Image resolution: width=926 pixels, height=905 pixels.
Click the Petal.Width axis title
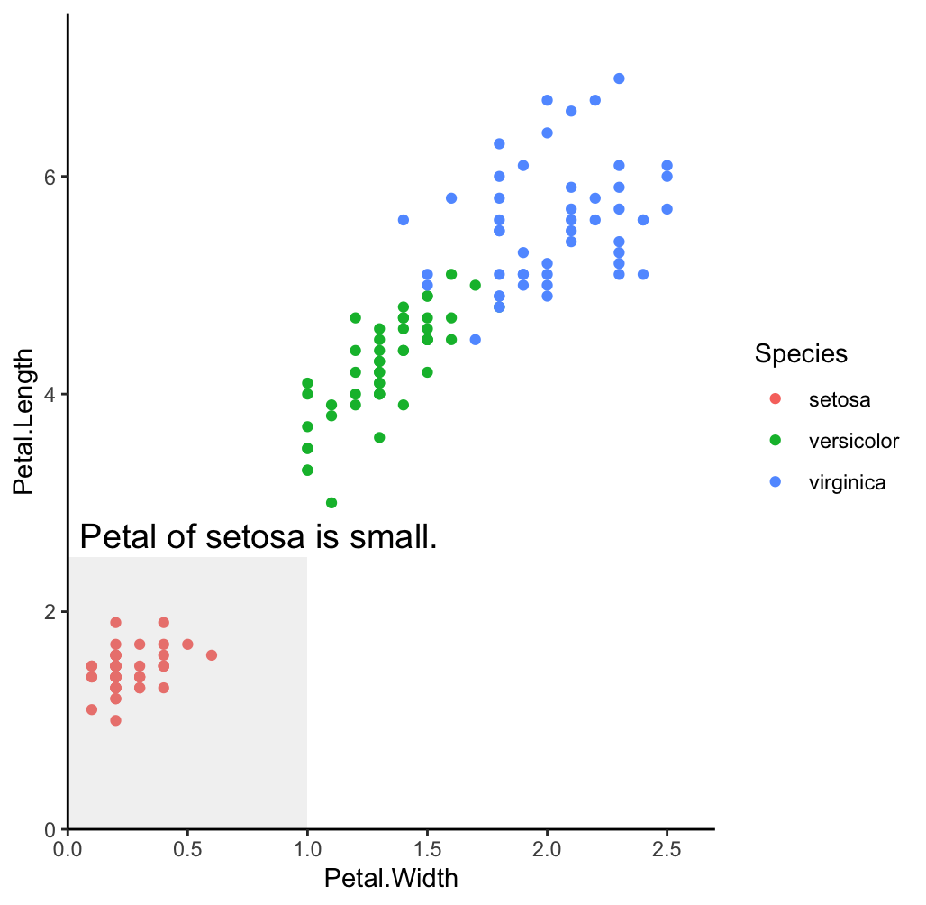coord(391,879)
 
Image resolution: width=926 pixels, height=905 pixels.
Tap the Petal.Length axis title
coord(24,421)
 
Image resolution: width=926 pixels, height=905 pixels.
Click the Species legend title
coord(801,354)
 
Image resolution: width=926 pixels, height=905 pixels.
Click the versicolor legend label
coord(854,441)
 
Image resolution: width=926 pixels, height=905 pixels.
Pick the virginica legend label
coord(848,483)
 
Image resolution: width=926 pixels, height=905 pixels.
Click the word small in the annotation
coord(397,537)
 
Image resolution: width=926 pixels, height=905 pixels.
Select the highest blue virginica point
coord(619,78)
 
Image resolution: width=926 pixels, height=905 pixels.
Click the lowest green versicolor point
coord(331,503)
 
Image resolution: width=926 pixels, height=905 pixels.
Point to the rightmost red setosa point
coord(212,655)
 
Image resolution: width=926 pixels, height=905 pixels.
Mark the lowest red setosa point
coord(115,720)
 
